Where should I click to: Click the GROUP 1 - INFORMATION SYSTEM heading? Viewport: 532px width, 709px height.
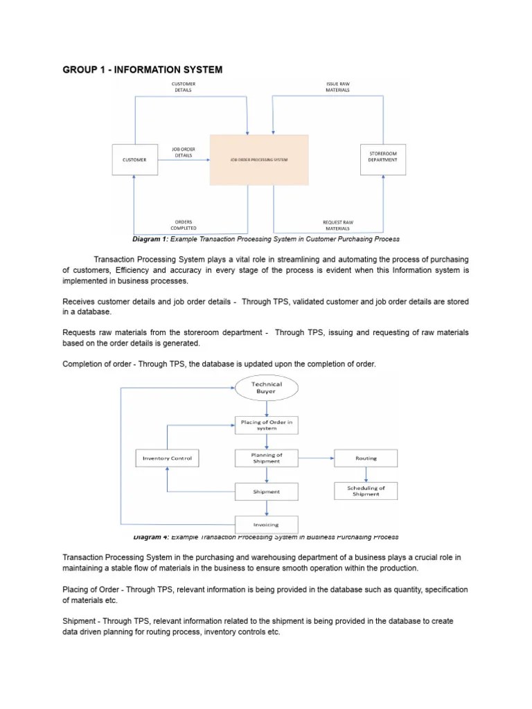point(143,70)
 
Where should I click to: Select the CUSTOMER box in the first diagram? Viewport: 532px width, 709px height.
point(134,160)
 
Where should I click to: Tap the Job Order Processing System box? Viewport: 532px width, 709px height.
point(259,160)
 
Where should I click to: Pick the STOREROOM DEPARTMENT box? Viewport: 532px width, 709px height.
point(383,156)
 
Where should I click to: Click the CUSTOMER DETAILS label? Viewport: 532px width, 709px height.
point(184,87)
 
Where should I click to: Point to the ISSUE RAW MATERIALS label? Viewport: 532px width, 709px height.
point(337,87)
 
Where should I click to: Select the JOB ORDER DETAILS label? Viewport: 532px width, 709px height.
point(184,152)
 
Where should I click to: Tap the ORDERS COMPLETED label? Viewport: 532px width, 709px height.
point(184,225)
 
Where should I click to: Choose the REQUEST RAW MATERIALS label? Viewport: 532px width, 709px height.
point(337,225)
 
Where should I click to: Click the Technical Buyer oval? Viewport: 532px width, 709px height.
point(267,388)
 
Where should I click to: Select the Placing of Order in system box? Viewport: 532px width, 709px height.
point(267,424)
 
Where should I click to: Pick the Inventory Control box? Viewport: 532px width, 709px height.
point(167,458)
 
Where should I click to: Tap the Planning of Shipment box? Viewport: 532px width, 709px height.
point(267,458)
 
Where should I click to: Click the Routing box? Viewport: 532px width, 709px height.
point(366,458)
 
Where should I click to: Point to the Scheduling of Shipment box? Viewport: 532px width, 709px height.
point(366,491)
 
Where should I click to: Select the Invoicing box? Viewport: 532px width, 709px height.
point(267,525)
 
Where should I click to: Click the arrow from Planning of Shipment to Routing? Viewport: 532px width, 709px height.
point(316,458)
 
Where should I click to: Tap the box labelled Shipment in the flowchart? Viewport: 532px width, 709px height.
point(267,492)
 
